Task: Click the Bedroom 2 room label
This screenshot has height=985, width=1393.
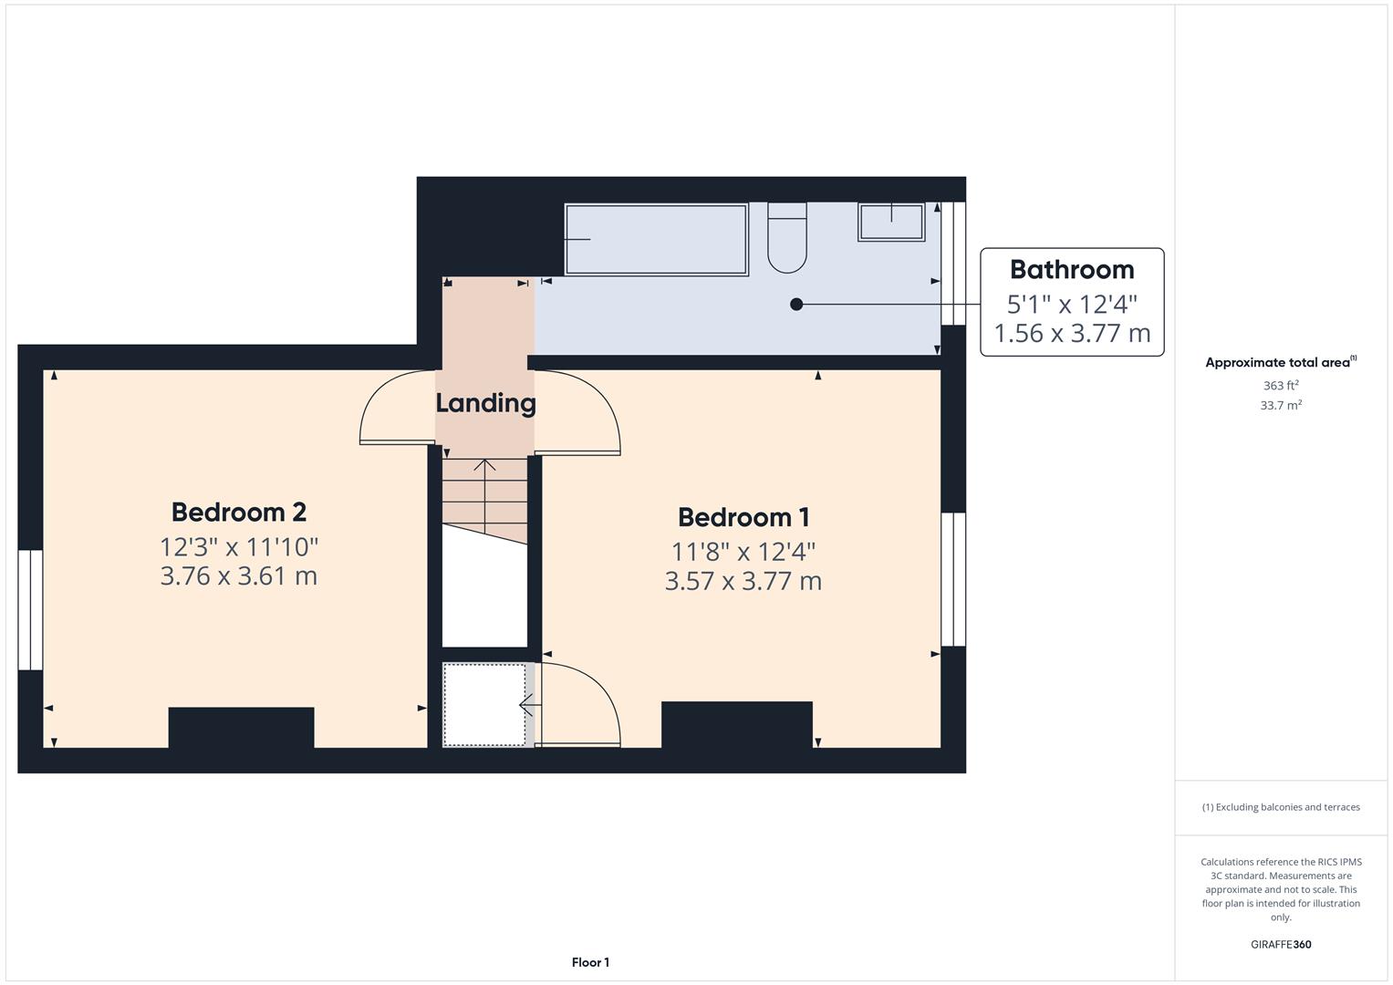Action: point(238,513)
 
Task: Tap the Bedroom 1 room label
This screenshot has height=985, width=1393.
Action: point(743,518)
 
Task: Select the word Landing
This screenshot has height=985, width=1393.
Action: point(485,403)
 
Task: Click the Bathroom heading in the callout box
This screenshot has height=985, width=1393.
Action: point(1072,270)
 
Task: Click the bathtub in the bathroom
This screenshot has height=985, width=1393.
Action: point(656,239)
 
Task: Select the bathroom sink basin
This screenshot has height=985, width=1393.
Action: point(891,222)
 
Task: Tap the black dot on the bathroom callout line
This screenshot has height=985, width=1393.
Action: point(796,305)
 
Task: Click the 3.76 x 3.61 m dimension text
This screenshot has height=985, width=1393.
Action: point(238,576)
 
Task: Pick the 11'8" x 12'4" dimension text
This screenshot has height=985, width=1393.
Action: point(743,552)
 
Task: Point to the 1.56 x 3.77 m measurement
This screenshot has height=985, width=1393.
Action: point(1072,334)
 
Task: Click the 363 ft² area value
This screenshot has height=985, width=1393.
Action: point(1281,386)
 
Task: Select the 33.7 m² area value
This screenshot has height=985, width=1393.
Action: point(1281,406)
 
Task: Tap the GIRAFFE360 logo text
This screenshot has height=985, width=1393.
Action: point(1281,945)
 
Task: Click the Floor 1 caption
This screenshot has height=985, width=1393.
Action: point(590,962)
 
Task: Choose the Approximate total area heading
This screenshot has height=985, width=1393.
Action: point(1280,363)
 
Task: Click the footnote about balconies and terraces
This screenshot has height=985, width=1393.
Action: point(1281,807)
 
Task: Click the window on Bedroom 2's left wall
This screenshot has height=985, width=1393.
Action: point(30,609)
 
